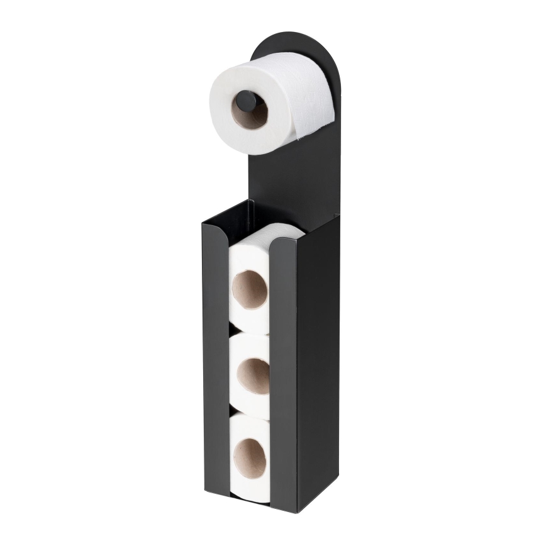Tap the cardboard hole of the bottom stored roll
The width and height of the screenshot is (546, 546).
[x=250, y=457]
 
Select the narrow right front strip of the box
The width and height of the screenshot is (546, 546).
[x=282, y=377]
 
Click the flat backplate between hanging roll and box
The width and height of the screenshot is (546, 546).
[x=296, y=176]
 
